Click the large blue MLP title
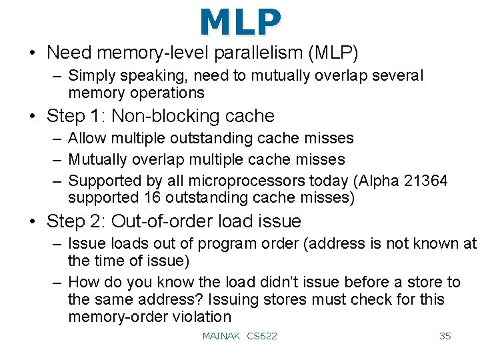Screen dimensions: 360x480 pos(240,22)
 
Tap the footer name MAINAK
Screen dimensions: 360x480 pos(221,336)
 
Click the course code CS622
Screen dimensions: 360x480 pos(261,336)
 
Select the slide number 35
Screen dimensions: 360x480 pos(445,336)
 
